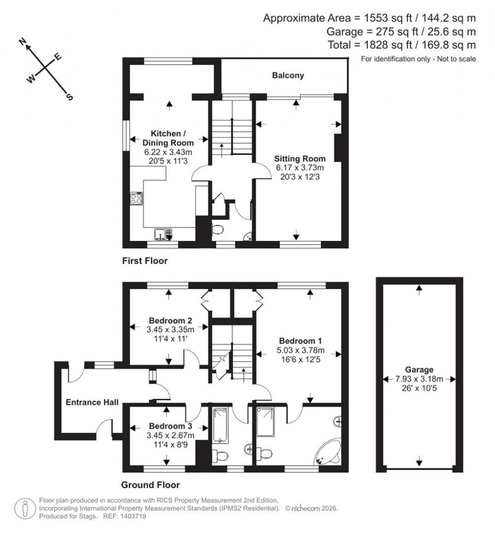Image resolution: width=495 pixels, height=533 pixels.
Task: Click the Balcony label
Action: pos(288,75)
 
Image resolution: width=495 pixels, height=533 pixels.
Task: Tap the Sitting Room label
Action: pos(300,158)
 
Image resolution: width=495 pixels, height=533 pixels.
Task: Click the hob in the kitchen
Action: pos(137,199)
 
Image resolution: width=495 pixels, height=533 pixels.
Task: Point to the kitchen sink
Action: pos(163,234)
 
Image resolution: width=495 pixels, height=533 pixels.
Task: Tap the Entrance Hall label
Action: pos(92,402)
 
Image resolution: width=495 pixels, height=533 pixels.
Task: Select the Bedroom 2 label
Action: pos(171,321)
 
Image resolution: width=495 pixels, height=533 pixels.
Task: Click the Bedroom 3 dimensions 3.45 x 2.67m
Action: pos(170,435)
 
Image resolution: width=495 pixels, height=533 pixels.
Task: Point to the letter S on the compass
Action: pos(69,97)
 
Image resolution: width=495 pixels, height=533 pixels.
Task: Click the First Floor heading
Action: pos(145,261)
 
